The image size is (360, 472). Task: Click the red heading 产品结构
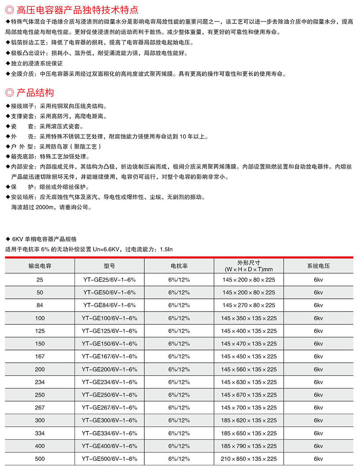pyautogui.click(x=35, y=93)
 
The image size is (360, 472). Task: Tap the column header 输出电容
pyautogui.click(x=40, y=266)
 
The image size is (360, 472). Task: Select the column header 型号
pyautogui.click(x=109, y=266)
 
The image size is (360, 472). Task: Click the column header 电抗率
pyautogui.click(x=179, y=266)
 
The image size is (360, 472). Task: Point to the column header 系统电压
pyautogui.click(x=319, y=266)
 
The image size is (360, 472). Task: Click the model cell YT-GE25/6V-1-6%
pyautogui.click(x=109, y=279)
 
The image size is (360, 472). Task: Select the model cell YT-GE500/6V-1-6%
pyautogui.click(x=109, y=458)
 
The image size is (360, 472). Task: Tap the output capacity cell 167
pyautogui.click(x=40, y=356)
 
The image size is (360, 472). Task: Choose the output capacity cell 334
pyautogui.click(x=40, y=433)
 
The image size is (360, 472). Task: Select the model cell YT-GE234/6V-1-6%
pyautogui.click(x=109, y=382)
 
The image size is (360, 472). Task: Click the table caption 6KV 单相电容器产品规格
pyautogui.click(x=45, y=239)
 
